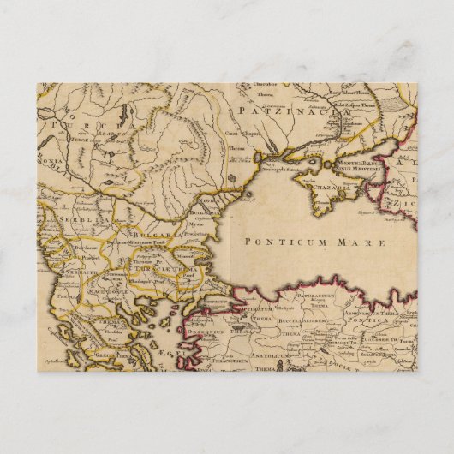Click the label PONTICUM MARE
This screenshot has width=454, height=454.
coord(315,242)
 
